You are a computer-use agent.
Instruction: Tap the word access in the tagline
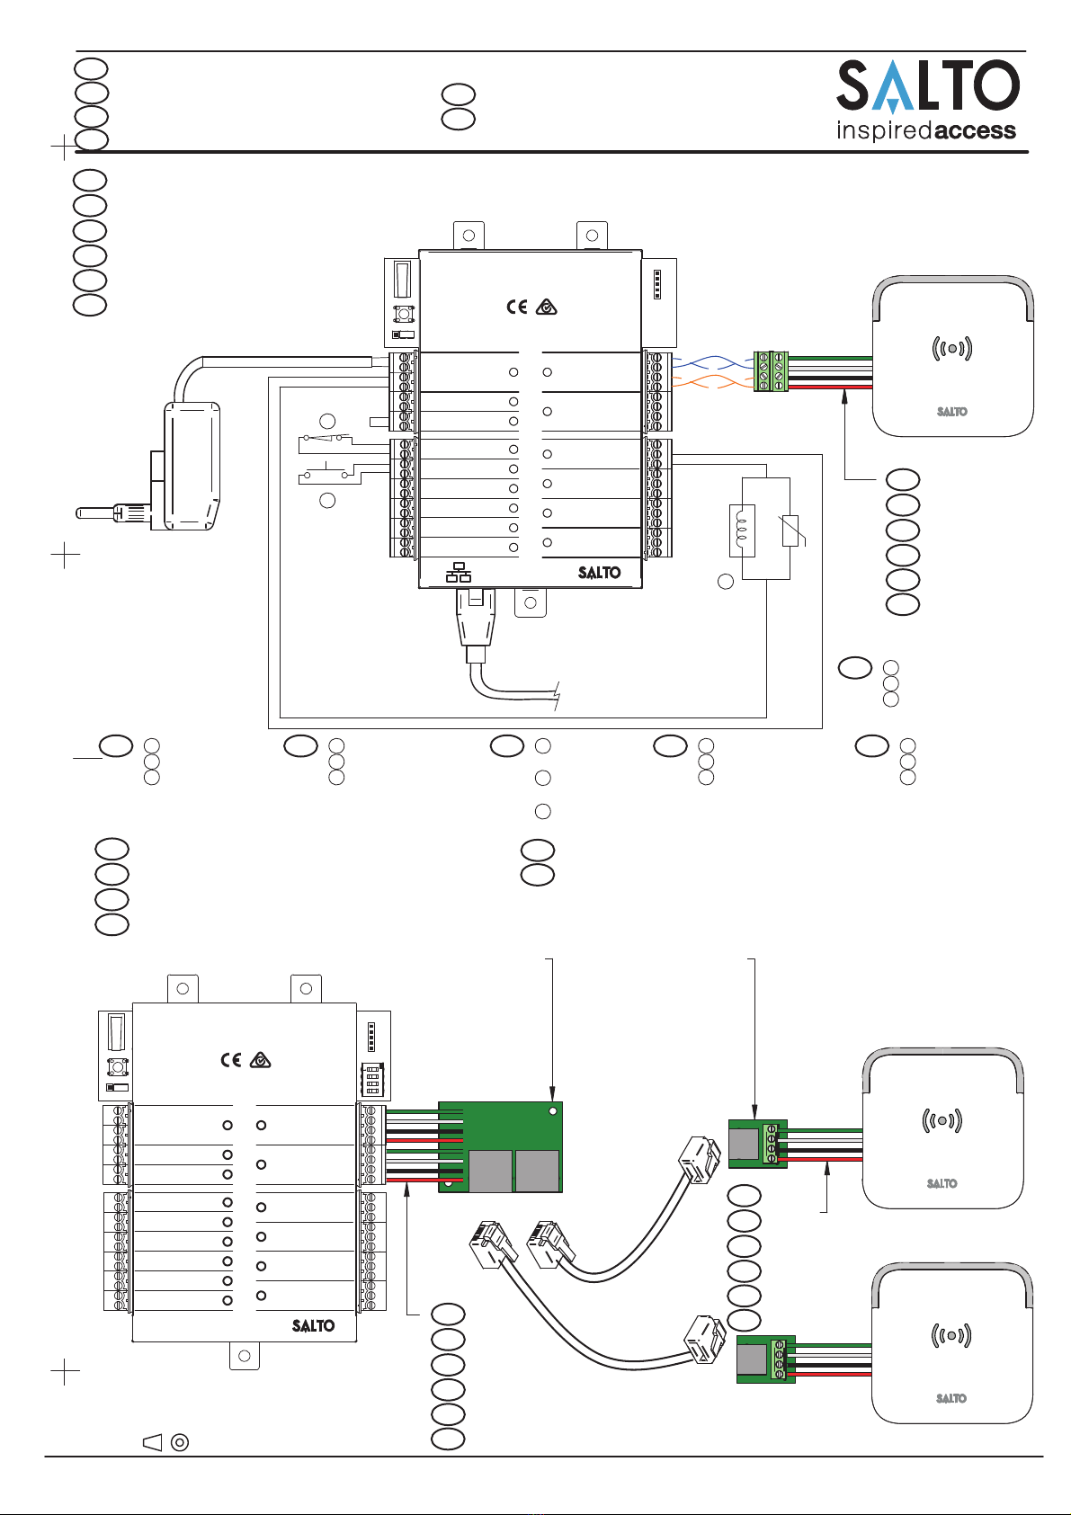[x=974, y=129]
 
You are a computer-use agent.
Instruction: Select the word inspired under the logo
[x=884, y=130]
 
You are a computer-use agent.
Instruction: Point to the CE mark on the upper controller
[x=517, y=307]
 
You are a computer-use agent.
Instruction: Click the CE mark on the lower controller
[x=231, y=1060]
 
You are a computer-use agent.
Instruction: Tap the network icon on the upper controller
[x=459, y=572]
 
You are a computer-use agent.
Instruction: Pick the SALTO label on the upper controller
[x=599, y=573]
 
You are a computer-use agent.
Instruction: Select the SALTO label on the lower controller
[x=313, y=1325]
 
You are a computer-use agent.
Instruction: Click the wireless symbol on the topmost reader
[x=952, y=348]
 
